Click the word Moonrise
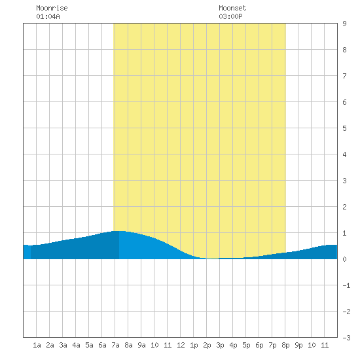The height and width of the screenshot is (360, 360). pos(52,9)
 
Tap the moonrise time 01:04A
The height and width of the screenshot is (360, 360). pos(48,16)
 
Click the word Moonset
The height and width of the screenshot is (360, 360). pos(232,9)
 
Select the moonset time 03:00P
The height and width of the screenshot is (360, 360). pos(230,16)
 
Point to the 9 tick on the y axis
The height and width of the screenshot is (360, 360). pos(344,24)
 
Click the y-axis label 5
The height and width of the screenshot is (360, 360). pos(344,128)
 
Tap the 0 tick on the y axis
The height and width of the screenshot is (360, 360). pos(344,259)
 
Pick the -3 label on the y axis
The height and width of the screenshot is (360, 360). pos(346,338)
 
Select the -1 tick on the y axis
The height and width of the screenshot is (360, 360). pos(346,285)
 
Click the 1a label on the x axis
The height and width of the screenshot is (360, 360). pos(37,345)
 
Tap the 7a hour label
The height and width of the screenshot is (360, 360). pos(115,345)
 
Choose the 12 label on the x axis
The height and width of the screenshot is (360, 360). pos(181,345)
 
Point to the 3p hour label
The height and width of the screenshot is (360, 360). pos(220,345)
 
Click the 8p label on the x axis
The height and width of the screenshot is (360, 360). pos(285,345)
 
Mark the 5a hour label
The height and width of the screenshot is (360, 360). pos(89,345)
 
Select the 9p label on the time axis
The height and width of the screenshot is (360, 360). pos(298,345)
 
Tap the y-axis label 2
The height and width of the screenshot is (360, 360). pos(344,207)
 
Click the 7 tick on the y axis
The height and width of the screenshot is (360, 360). pos(344,76)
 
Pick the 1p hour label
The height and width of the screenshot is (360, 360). pos(194,345)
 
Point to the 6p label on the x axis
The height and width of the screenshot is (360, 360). pos(259,345)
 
